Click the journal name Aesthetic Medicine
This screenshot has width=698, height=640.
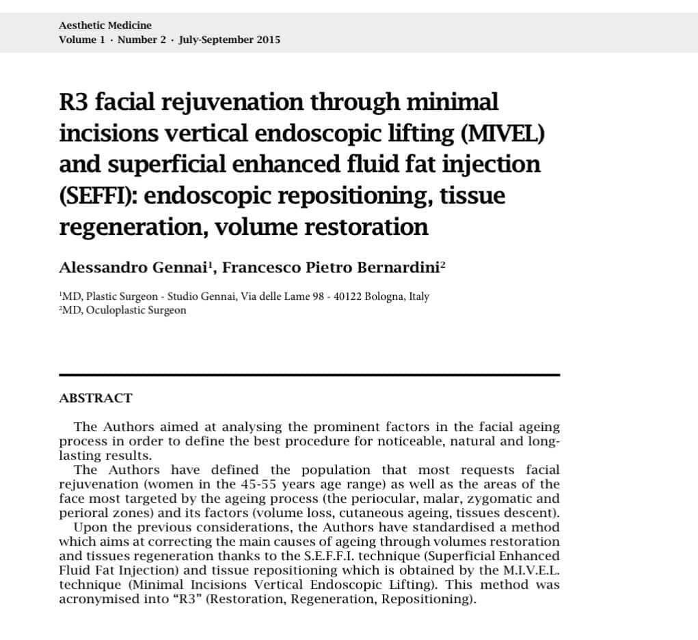(105, 25)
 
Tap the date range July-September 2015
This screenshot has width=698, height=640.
(229, 40)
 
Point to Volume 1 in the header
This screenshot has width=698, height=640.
(82, 40)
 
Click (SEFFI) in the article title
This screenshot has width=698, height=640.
(97, 196)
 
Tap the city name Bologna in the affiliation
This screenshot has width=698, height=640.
(385, 297)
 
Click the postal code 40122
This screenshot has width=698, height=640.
(347, 297)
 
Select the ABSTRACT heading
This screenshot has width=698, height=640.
(96, 398)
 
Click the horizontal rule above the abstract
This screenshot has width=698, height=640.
(309, 375)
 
